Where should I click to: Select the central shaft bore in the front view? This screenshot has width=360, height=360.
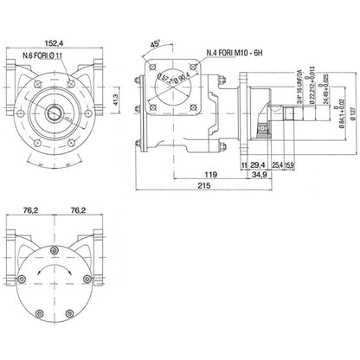59,111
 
